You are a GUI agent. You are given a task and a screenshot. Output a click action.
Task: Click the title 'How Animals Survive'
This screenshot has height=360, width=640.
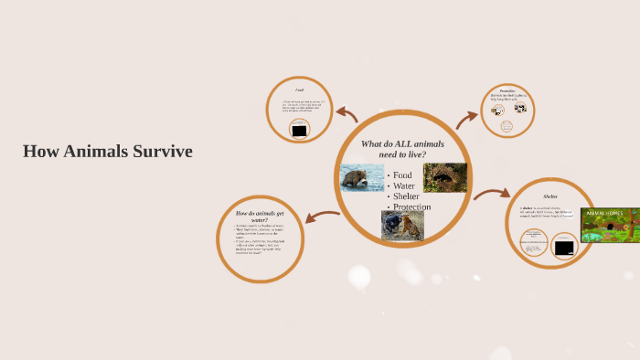click(x=108, y=152)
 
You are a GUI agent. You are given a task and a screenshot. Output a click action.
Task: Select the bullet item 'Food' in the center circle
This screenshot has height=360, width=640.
click(x=402, y=175)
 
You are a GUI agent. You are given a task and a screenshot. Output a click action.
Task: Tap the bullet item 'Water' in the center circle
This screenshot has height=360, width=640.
click(x=404, y=185)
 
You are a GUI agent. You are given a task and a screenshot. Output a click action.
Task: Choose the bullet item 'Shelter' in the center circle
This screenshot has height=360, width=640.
click(x=408, y=196)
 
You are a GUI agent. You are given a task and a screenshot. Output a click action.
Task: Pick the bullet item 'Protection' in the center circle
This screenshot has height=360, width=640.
click(x=411, y=207)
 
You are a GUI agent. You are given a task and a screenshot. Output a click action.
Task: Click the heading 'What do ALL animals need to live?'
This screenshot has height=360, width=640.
click(x=403, y=149)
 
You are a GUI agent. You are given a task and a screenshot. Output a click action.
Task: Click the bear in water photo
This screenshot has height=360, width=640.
click(x=362, y=177)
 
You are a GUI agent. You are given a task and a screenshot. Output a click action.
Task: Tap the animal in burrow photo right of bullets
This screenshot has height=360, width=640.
click(x=445, y=177)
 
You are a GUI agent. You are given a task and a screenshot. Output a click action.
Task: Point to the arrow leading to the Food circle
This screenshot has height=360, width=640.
click(x=347, y=114)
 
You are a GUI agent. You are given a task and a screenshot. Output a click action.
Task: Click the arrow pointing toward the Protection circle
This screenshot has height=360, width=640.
click(x=467, y=118)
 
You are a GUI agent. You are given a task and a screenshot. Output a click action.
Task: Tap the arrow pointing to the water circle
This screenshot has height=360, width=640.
click(x=323, y=217)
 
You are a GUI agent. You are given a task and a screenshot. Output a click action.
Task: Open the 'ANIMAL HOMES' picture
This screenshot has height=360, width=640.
click(x=610, y=225)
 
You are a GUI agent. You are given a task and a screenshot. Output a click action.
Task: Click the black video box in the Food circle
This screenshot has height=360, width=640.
click(x=299, y=131)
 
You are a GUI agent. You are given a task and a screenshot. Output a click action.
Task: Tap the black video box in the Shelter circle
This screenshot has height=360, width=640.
click(x=565, y=247)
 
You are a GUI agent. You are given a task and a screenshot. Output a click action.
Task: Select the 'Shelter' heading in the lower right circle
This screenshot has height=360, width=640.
click(x=550, y=196)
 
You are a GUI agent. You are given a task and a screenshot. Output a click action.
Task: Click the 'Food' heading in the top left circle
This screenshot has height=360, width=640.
click(x=299, y=90)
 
